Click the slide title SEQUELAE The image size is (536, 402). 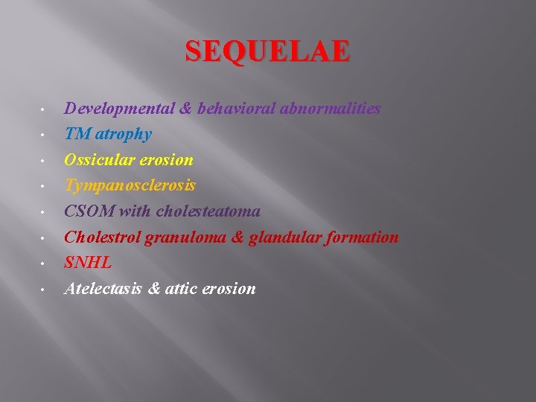(x=267, y=52)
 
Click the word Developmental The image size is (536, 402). (x=119, y=109)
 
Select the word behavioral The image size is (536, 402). (x=234, y=109)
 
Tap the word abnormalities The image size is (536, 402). (x=330, y=109)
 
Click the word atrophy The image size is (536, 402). (x=123, y=135)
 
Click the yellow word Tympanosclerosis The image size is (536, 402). (x=130, y=186)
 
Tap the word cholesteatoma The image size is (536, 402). (x=208, y=211)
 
